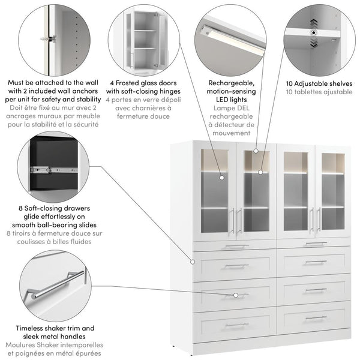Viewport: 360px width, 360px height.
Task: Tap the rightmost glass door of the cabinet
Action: pyautogui.click(x=333, y=192)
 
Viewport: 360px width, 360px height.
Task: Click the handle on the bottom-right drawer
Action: pyautogui.click(x=316, y=317)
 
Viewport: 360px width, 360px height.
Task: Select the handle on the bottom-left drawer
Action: pyautogui.click(x=236, y=325)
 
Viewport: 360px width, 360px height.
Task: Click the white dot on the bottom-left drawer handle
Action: pyautogui.click(x=236, y=295)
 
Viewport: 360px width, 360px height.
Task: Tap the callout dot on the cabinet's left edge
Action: pyautogui.click(x=193, y=262)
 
